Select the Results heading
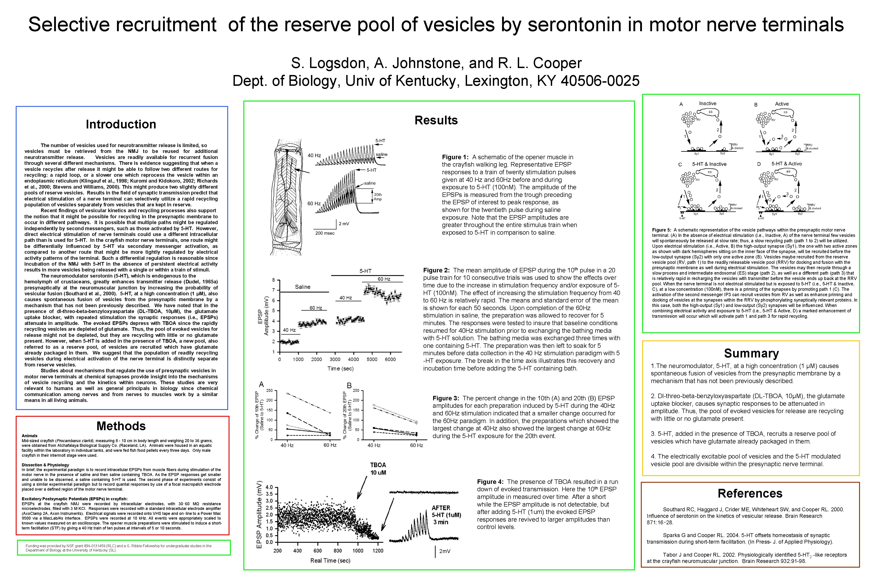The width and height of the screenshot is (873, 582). pos(436,120)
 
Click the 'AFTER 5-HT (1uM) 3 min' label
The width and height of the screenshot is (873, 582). pos(446,515)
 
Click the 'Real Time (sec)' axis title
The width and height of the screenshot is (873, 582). pos(330,560)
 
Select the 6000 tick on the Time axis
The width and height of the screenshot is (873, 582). pos(390,359)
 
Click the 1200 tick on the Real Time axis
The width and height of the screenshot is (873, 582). pos(378,551)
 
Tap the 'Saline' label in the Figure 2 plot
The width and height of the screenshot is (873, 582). pos(302,287)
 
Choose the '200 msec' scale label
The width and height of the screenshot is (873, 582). pos(325,233)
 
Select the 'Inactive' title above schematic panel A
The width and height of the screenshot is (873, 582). pos(708,104)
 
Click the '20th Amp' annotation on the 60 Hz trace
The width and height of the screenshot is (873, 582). pos(377,197)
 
